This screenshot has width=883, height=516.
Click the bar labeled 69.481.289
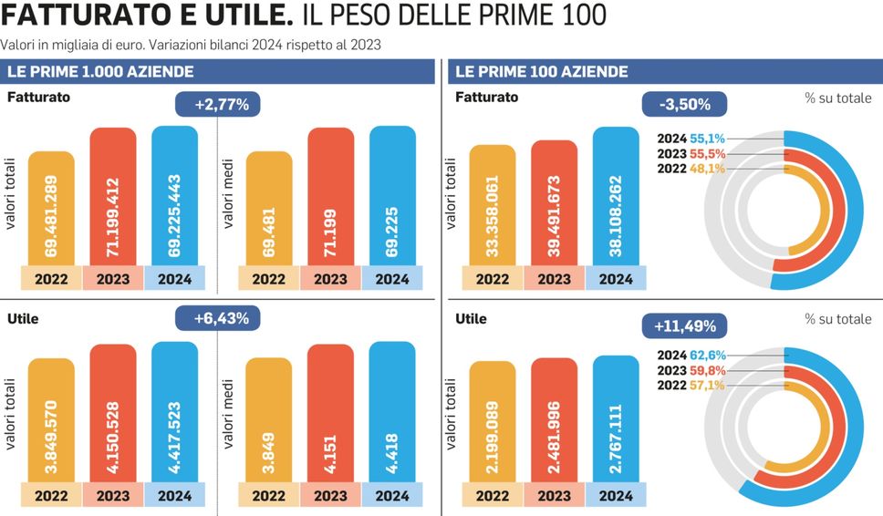tap(51, 208)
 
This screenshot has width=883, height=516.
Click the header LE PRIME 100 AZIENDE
tap(542, 72)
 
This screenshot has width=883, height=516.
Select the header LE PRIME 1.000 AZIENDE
tap(100, 72)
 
